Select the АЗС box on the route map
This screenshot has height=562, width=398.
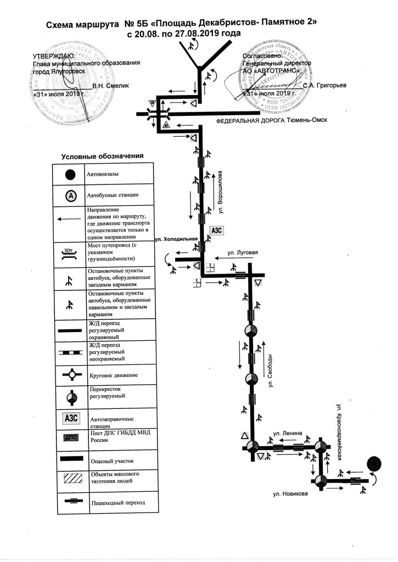[216, 231]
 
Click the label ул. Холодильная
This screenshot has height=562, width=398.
[176, 240]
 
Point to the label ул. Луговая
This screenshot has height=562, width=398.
[242, 253]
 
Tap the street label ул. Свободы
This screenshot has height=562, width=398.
[271, 374]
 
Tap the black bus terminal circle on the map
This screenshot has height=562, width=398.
[374, 464]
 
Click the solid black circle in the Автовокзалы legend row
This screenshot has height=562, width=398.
[70, 175]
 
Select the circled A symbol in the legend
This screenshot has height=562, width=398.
[70, 195]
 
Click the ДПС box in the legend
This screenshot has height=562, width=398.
[71, 437]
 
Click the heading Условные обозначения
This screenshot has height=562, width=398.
[102, 156]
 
